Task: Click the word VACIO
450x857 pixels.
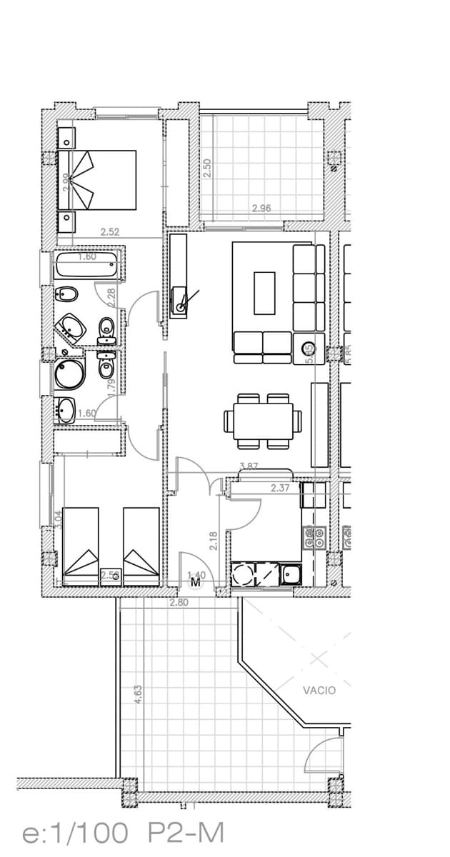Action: pyautogui.click(x=319, y=691)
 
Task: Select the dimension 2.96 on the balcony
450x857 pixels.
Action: pyautogui.click(x=261, y=209)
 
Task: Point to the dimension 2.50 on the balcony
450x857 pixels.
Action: pyautogui.click(x=207, y=168)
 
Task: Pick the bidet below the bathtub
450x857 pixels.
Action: pyautogui.click(x=69, y=294)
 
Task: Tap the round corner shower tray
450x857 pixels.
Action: pyautogui.click(x=69, y=373)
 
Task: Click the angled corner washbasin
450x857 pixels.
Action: pyautogui.click(x=72, y=328)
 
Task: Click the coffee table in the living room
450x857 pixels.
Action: pyautogui.click(x=264, y=292)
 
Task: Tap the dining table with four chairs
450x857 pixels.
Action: pyautogui.click(x=259, y=421)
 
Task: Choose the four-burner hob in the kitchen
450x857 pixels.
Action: pyautogui.click(x=315, y=538)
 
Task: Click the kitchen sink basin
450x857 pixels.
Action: pyautogui.click(x=291, y=573)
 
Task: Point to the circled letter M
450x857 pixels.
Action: pyautogui.click(x=196, y=583)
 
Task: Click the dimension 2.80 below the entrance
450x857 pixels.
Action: pyautogui.click(x=179, y=603)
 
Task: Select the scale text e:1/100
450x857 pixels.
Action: pyautogui.click(x=76, y=833)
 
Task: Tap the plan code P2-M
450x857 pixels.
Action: pyautogui.click(x=186, y=833)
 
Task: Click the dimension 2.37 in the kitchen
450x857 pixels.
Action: pyautogui.click(x=280, y=488)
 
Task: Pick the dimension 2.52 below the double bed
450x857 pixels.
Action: pyautogui.click(x=110, y=231)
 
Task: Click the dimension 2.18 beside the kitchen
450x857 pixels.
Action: pyautogui.click(x=213, y=539)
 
